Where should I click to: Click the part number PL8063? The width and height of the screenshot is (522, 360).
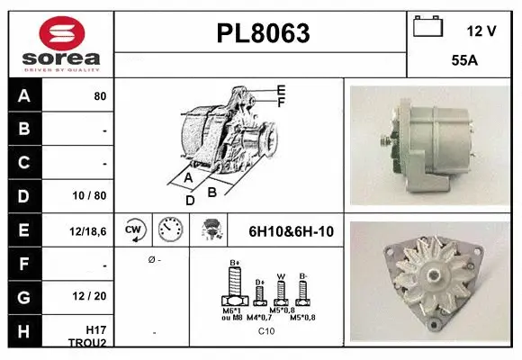pos(263,34)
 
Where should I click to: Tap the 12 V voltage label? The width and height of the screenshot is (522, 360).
pos(481,31)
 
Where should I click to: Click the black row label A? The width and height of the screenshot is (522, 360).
pos(23,95)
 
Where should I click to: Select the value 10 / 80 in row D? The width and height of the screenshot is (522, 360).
pos(91,194)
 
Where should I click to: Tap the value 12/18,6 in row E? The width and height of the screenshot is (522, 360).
pos(89,231)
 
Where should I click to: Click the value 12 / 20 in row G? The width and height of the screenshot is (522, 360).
pos(91,297)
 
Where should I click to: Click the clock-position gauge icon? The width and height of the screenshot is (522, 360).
pos(169,230)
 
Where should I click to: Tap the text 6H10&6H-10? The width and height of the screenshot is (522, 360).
pos(291,231)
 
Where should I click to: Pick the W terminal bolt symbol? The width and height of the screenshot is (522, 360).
pos(280,292)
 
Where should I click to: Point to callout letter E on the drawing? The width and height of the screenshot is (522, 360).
pos(281,90)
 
